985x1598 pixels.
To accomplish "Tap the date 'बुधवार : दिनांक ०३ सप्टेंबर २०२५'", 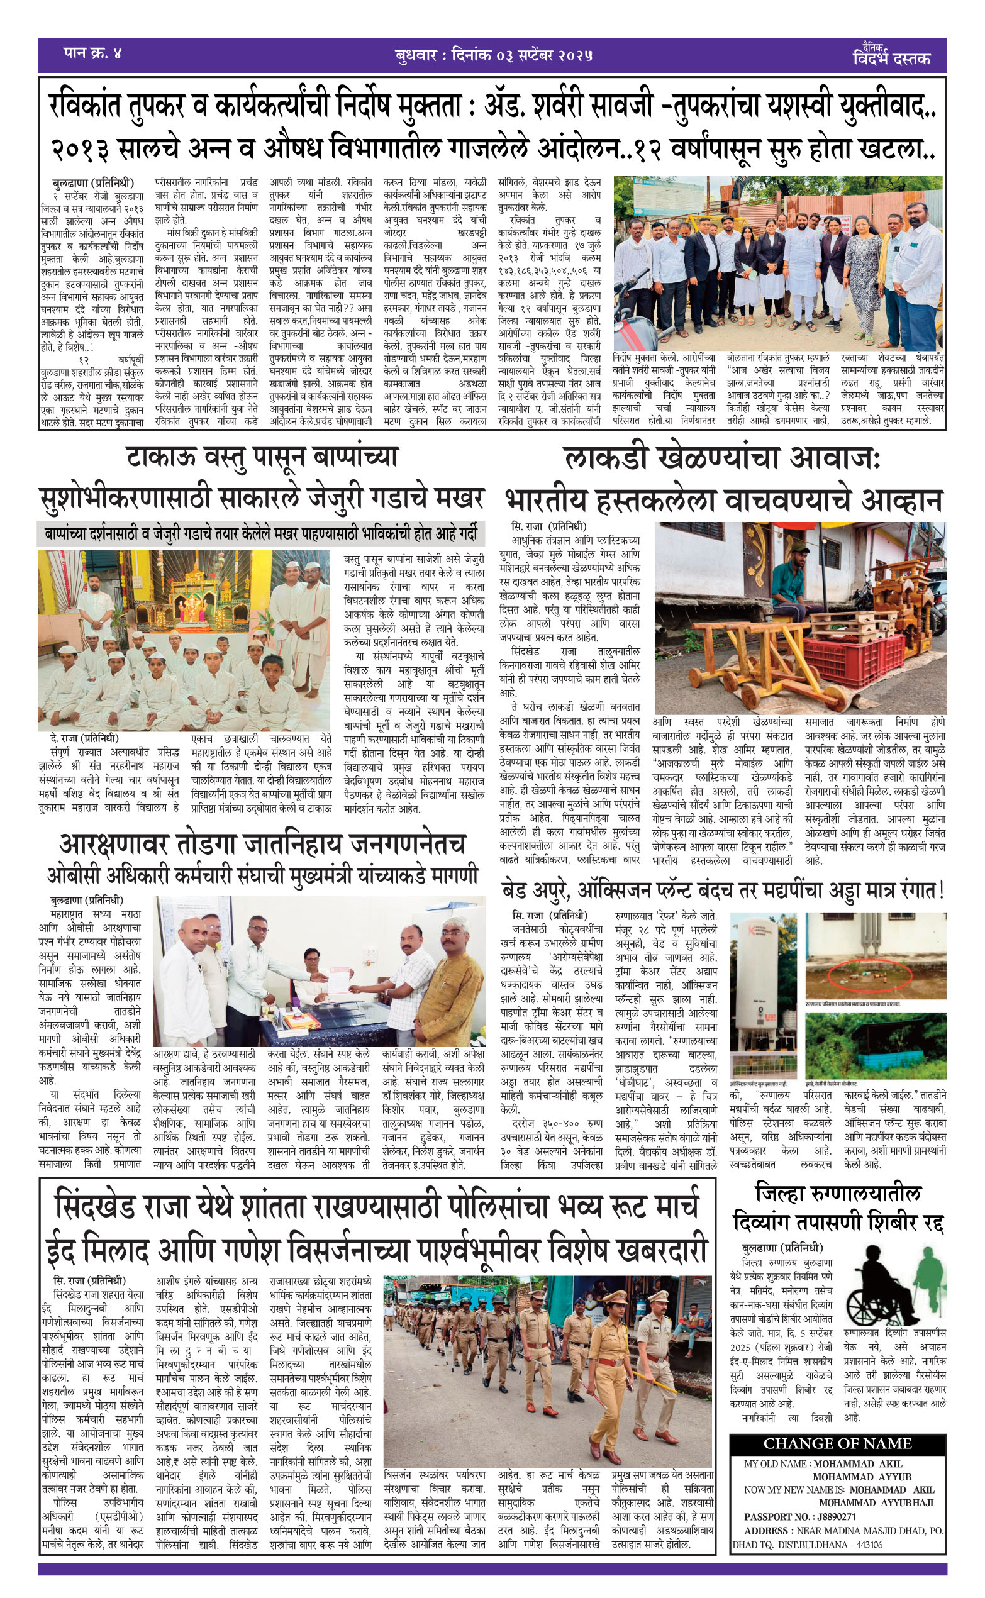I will (493, 55).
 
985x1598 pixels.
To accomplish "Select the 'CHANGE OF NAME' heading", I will (837, 1444).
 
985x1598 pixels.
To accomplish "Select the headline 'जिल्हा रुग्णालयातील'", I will (838, 1194).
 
